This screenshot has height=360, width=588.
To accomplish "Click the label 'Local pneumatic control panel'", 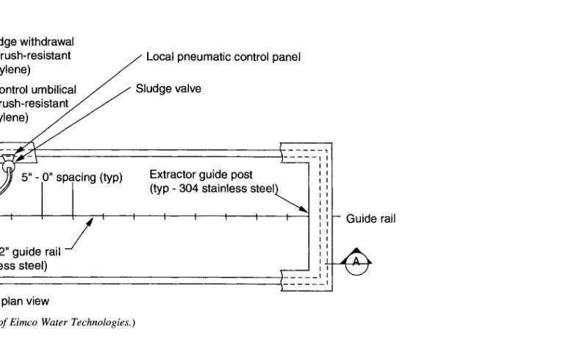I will pos(223,57).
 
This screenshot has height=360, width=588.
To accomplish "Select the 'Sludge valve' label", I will pos(168,89).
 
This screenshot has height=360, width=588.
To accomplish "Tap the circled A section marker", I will pos(356,262).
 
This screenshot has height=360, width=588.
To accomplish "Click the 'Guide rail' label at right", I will pos(371,218).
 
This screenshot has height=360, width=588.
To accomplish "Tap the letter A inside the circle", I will pos(356,262).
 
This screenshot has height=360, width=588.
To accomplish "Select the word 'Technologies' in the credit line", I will pos(106,323).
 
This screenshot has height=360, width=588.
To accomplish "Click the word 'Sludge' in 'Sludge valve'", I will pos(151,89).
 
